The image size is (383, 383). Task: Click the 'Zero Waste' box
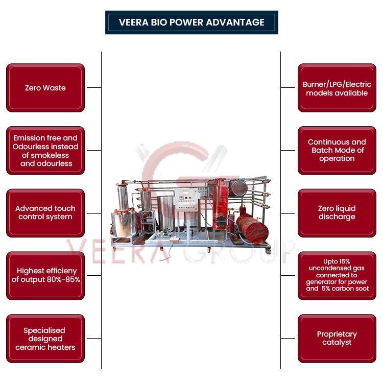[45, 88]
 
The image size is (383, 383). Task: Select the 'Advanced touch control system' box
[45, 213]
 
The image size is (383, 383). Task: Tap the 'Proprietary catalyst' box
[337, 338]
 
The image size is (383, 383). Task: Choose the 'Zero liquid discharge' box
[337, 213]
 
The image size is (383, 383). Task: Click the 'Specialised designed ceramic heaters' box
[45, 339]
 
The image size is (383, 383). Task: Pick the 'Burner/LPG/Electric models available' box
[337, 88]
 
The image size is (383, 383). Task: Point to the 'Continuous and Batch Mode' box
[337, 150]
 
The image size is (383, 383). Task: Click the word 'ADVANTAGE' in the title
[240, 22]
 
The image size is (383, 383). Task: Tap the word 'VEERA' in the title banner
[133, 22]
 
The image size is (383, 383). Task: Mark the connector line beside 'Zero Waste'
[93, 88]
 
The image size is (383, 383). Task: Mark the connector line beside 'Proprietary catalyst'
[288, 338]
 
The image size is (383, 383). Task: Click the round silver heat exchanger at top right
[237, 187]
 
